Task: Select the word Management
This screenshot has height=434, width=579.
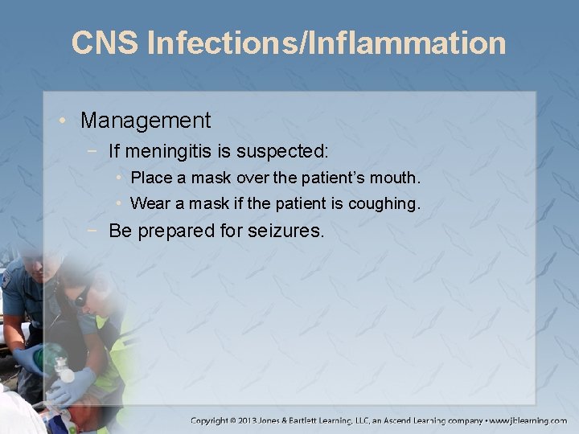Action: click(x=146, y=121)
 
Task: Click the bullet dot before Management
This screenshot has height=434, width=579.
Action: click(x=65, y=121)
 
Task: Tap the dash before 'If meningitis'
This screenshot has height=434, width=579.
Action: click(x=96, y=150)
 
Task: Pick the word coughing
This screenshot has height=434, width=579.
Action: click(x=384, y=204)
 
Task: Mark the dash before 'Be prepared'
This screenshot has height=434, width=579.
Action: click(x=96, y=232)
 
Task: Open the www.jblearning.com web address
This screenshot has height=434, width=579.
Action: click(x=529, y=420)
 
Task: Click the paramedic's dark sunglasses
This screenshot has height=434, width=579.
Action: click(x=82, y=297)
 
